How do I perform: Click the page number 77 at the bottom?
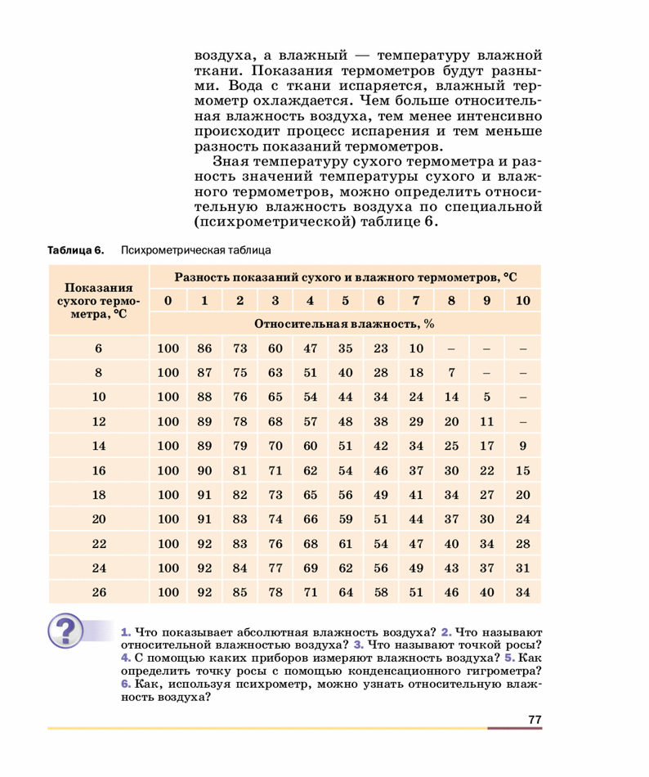[x=535, y=720]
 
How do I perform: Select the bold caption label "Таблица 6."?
[x=76, y=250]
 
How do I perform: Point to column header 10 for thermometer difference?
[x=523, y=300]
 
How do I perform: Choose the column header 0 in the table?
[x=168, y=300]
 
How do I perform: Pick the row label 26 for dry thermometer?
[x=99, y=592]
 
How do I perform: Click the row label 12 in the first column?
[x=99, y=422]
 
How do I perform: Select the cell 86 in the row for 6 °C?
[x=204, y=348]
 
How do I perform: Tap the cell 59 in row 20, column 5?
[x=345, y=519]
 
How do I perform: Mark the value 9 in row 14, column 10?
[x=523, y=447]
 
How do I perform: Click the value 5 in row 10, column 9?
[x=487, y=397]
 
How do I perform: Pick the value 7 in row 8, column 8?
[x=451, y=373]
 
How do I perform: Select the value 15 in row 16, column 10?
[x=523, y=470]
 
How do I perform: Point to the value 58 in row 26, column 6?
[x=381, y=592]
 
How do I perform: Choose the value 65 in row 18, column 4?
[x=310, y=495]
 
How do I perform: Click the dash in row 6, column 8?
[x=451, y=348]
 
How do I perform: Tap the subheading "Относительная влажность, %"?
[x=344, y=323]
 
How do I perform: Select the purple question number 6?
[x=125, y=685]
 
